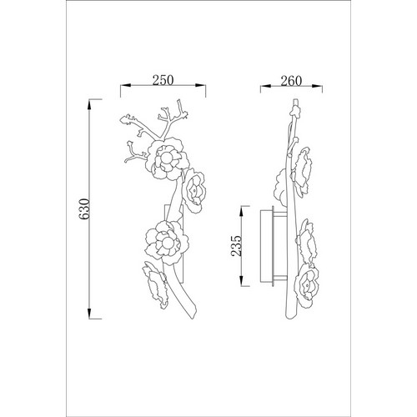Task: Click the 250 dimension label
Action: click(x=163, y=80)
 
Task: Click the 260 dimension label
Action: click(x=291, y=81)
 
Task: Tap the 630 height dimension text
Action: click(x=84, y=208)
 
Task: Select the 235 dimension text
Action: click(x=236, y=246)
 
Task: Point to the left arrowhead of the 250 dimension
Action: click(x=126, y=86)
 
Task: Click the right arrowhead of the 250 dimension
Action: click(x=200, y=86)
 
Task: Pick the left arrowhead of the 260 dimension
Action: click(x=266, y=87)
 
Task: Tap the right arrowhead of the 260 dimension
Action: click(x=317, y=87)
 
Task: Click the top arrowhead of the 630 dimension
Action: click(x=89, y=104)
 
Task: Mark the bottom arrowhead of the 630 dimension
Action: click(x=89, y=314)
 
